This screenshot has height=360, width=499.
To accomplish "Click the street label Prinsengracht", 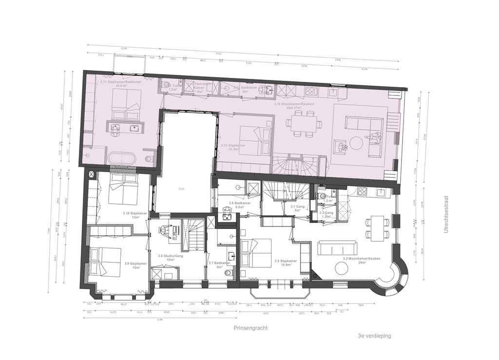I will coord(250,328).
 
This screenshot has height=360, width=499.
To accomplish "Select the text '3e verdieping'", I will coord(374,336).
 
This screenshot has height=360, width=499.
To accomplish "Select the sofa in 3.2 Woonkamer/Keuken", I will coord(337,248).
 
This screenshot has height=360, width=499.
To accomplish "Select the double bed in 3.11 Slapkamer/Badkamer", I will coord(127,104).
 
